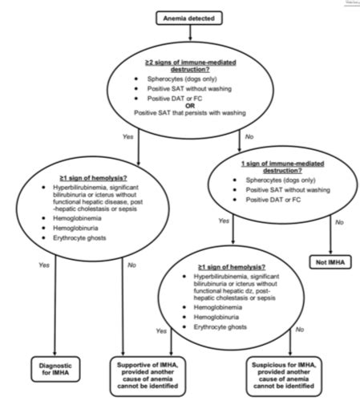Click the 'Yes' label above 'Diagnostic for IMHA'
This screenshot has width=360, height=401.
46,264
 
